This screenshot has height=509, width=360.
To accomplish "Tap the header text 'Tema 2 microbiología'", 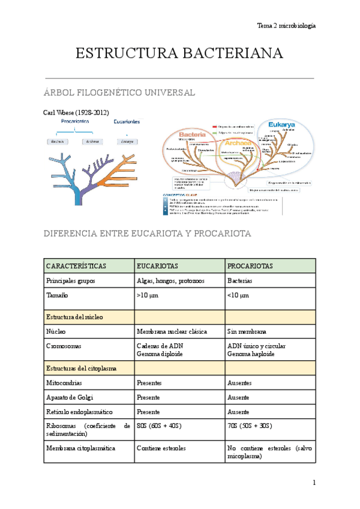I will (x=286, y=26).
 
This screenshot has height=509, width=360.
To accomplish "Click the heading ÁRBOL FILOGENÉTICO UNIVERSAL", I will (x=120, y=93).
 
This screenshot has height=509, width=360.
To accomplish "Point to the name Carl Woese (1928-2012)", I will (x=76, y=113).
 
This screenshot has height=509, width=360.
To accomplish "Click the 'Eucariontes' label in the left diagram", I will (x=127, y=121).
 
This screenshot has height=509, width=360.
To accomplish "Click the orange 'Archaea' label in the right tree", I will (x=238, y=143).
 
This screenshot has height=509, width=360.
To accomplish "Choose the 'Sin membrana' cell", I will (x=247, y=331).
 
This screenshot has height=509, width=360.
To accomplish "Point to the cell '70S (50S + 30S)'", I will (x=250, y=426).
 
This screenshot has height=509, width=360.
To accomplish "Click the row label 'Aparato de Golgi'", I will (x=70, y=397).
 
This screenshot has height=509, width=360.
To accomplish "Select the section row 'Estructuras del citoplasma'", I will (x=81, y=368).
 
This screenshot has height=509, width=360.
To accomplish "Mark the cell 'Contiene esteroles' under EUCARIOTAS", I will (x=161, y=448).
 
